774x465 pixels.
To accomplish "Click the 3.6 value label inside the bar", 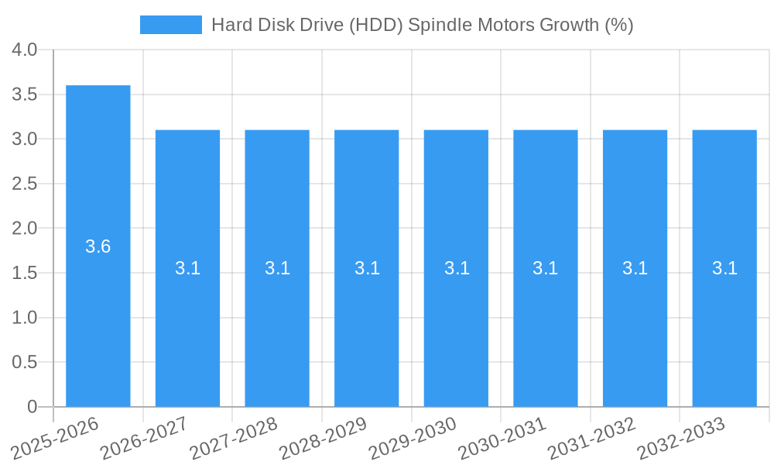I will coord(98,246).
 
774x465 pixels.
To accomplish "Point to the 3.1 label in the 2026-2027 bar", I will coord(187,268).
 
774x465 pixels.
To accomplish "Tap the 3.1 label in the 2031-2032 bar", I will coord(635,268).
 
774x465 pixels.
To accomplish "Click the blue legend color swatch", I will coord(170,25).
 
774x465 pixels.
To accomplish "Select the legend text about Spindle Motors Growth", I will coord(422,25).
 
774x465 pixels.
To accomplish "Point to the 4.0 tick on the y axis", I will coord(25,50).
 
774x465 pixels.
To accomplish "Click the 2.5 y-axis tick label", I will coord(25,184).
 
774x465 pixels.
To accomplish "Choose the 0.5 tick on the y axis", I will coord(25,362).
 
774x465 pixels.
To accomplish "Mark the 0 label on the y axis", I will coord(32,407).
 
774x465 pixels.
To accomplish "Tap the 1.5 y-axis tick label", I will coord(25,273).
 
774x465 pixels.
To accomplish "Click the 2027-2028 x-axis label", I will coord(234,438).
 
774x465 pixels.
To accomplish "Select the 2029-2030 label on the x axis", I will coord(413,438).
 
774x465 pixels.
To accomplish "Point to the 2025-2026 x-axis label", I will coord(55,438).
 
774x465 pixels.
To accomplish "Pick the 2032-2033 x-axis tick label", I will coord(681,438).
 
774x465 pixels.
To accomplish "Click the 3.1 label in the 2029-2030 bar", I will coord(456,268).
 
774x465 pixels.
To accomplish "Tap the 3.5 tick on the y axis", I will coord(25,95).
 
